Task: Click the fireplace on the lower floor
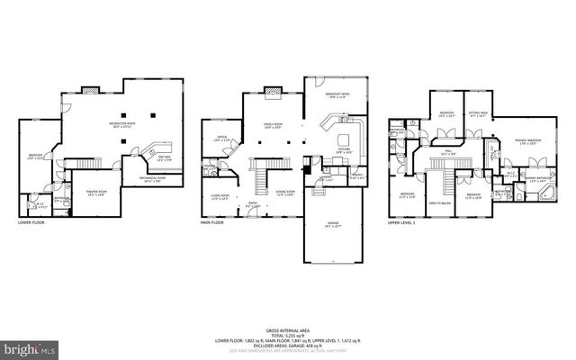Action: pyautogui.click(x=91, y=91)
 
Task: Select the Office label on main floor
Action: pyautogui.click(x=220, y=139)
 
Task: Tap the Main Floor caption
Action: pyautogui.click(x=213, y=222)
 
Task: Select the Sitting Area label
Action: pyautogui.click(x=477, y=114)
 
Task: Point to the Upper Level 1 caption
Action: pyautogui.click(x=400, y=222)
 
